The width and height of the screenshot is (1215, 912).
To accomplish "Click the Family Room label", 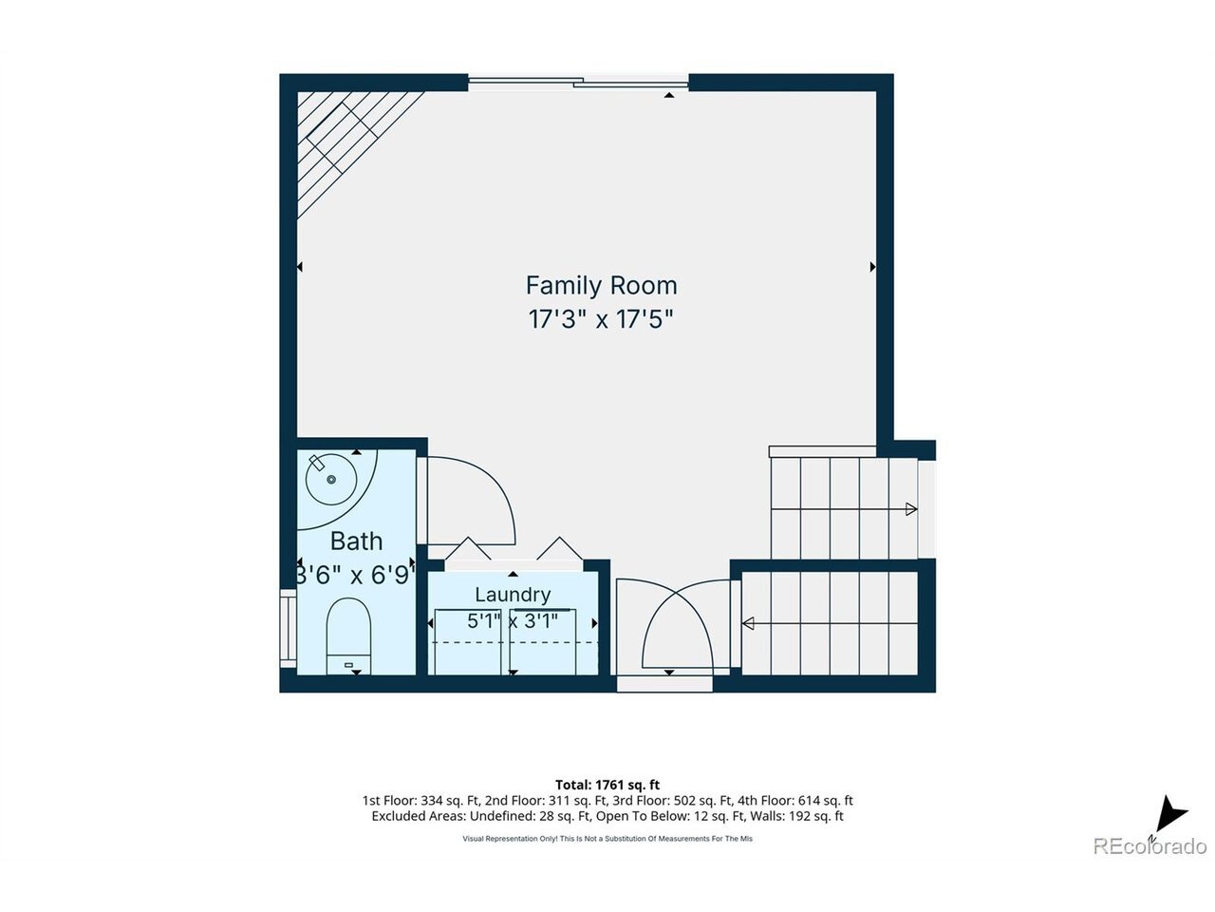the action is pos(601,286).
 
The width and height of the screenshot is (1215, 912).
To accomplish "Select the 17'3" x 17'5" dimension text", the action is pos(601,319).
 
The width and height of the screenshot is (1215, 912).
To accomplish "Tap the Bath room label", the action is pos(356,541).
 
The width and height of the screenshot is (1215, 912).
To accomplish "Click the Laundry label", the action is pos(513,595).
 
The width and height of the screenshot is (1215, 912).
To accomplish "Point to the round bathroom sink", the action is pos(330,479).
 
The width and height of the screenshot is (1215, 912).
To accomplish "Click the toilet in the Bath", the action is pos(348,636).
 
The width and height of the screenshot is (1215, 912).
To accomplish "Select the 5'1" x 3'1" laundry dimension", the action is pos(513,621).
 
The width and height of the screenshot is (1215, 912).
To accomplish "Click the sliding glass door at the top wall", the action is pos(578,83).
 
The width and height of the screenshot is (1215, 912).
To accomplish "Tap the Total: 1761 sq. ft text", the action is pos(607,785).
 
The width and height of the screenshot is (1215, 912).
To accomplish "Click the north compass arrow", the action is pos(1168,826).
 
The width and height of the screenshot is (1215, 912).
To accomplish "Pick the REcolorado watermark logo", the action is pos(1150,846).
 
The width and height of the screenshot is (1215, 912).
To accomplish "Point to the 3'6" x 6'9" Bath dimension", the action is pos(356,576).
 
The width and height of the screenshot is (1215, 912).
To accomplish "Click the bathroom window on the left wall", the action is pos(289,629).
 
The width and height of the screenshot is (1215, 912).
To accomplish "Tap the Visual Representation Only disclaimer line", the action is pos(607,839).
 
